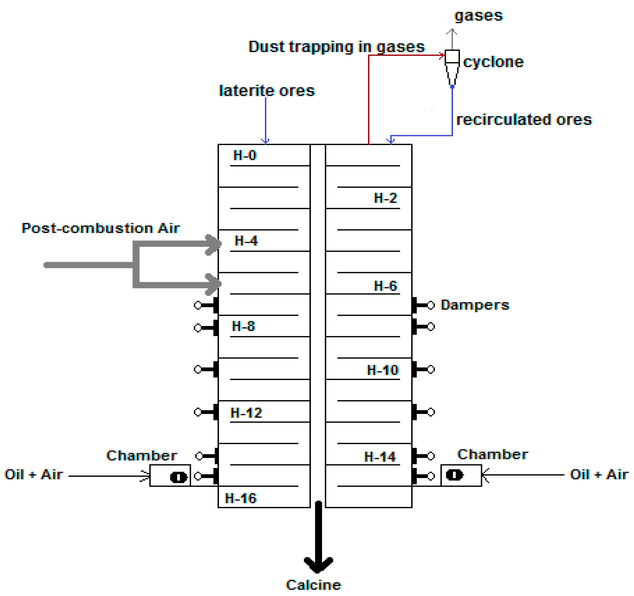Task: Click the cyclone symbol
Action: click(452, 67)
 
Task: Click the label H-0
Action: click(245, 155)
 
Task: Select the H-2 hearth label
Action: click(385, 198)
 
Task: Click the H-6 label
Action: click(385, 286)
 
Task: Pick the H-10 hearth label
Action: click(382, 370)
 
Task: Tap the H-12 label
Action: click(246, 413)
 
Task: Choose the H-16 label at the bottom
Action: click(240, 498)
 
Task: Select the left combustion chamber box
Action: click(170, 476)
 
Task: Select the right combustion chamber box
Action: click(461, 475)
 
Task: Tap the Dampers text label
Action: click(474, 305)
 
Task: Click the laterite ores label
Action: click(267, 91)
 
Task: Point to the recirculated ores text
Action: click(524, 120)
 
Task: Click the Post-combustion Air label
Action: click(100, 228)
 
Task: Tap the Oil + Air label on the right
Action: click(599, 475)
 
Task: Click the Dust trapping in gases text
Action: click(336, 47)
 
